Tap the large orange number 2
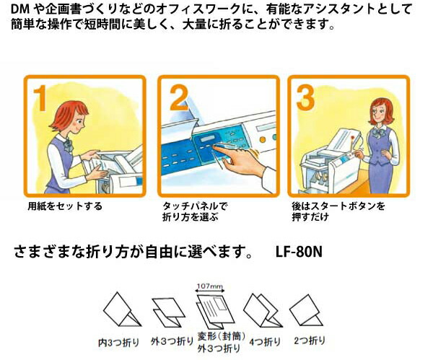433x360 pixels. (x=178, y=99)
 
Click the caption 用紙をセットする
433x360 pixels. (x=65, y=206)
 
